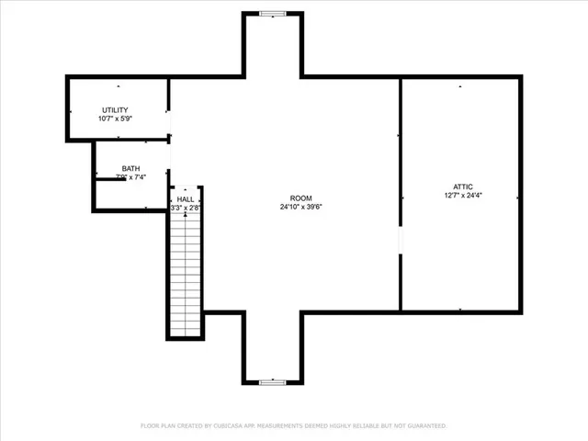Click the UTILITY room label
coord(115,110)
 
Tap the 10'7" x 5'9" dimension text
coord(115,119)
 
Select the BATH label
coord(130,168)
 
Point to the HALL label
coord(186,198)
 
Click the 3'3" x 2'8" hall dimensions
coord(186,208)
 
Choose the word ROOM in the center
coord(300,198)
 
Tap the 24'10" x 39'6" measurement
coord(300,207)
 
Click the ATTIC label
coord(462,187)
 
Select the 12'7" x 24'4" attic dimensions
coord(462,195)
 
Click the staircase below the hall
coord(186,276)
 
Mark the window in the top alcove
coord(272,13)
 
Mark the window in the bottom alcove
coord(272,381)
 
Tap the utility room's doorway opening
coord(170,124)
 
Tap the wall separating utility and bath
coord(131,140)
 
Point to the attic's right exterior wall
coord(520,193)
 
